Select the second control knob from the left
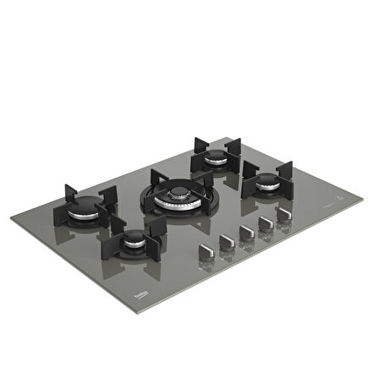[x=227, y=241]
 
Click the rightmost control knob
[x=283, y=217]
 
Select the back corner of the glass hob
[x=228, y=135]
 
